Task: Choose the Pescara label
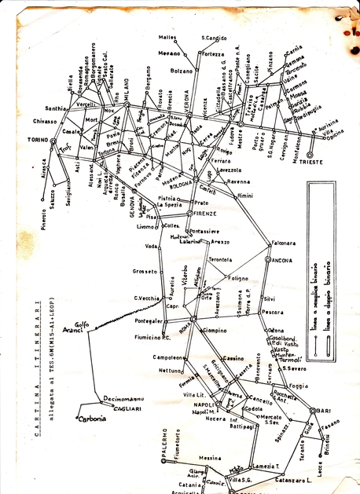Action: (x=273, y=312)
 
